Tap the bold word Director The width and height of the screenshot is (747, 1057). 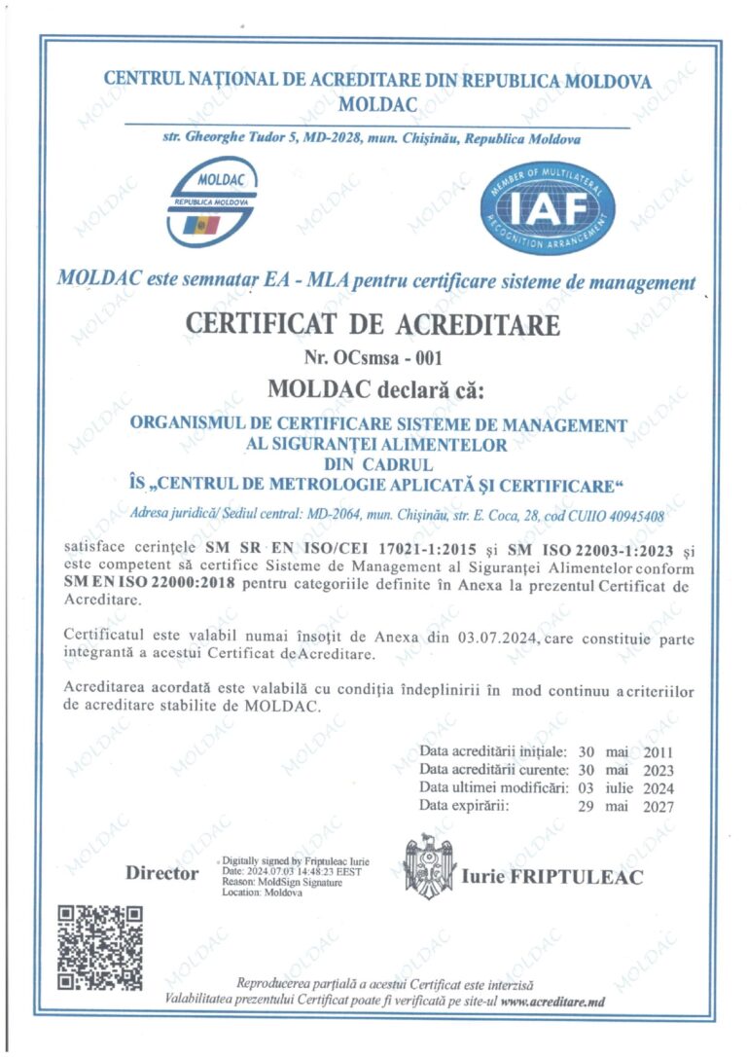[161, 873]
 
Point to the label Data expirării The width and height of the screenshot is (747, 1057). [463, 806]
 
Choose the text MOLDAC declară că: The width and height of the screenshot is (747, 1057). [374, 389]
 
